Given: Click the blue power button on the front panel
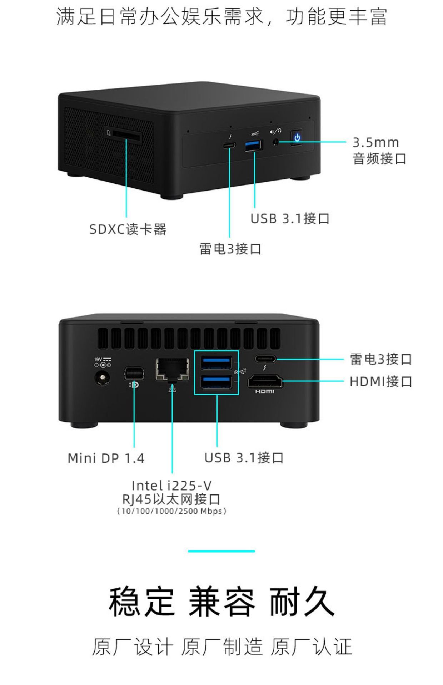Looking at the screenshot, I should (297, 138).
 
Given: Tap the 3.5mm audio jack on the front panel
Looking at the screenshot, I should (275, 142).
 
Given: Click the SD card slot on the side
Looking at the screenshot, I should (126, 135).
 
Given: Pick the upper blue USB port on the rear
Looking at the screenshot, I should (216, 363).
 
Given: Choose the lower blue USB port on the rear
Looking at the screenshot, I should (216, 382).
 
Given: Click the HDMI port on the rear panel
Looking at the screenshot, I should (265, 381).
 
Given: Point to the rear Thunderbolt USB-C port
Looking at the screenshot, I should (265, 359).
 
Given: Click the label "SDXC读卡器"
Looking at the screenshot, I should (128, 229).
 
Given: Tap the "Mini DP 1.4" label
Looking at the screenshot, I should (106, 458).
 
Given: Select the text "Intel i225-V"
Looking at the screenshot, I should (172, 486).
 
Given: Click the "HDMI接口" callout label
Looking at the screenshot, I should (381, 381).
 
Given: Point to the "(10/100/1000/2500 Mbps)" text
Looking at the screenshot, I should (172, 511).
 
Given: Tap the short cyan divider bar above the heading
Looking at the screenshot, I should (221, 551).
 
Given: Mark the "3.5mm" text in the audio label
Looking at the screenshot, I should (375, 142).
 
